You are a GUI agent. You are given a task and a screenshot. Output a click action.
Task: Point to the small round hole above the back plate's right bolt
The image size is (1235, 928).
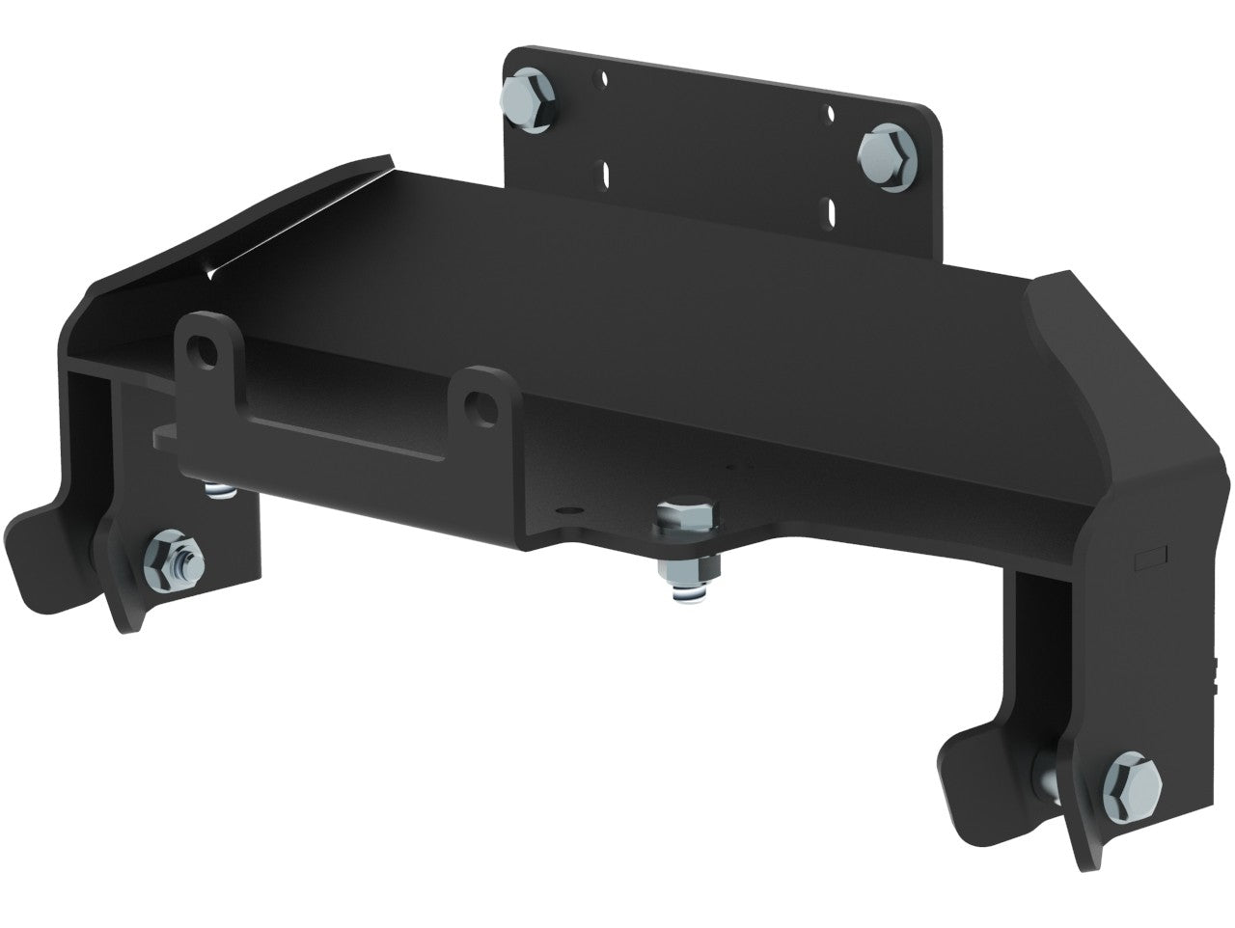[x=830, y=113]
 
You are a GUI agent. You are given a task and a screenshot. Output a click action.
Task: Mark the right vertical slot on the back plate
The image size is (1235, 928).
[x=829, y=209]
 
